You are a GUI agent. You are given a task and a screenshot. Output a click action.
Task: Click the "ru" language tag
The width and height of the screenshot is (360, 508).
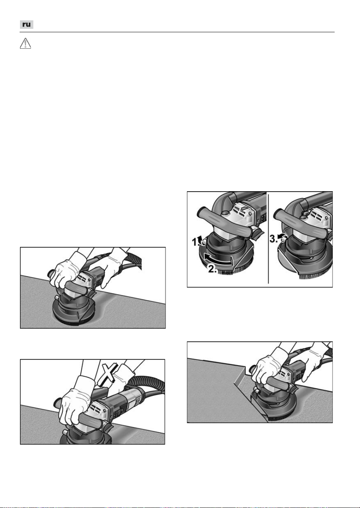[x=27, y=25]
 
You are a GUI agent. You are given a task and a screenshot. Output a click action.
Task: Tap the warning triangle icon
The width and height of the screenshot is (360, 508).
[x=25, y=43]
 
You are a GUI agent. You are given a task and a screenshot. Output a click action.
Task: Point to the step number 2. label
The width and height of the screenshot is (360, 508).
[x=212, y=269]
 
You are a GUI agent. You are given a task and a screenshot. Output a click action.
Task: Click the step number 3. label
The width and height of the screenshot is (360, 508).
[x=274, y=238]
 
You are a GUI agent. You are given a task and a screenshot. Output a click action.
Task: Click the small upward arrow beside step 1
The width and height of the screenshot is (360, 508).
[x=200, y=239]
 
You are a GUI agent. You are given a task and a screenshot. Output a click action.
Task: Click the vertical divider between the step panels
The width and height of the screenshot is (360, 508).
[x=269, y=238]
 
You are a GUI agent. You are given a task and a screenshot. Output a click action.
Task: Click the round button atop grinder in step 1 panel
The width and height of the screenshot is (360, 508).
[x=225, y=213]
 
